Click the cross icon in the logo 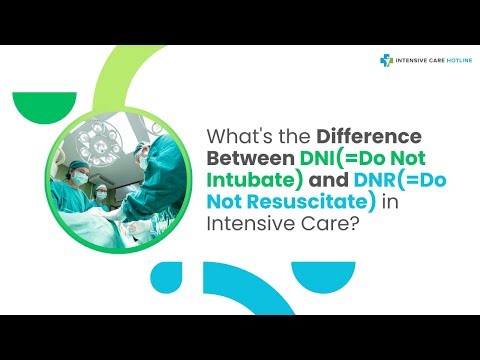coord(386,61)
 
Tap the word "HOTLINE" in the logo coord(451,61)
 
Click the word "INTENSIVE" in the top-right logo coord(411,61)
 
